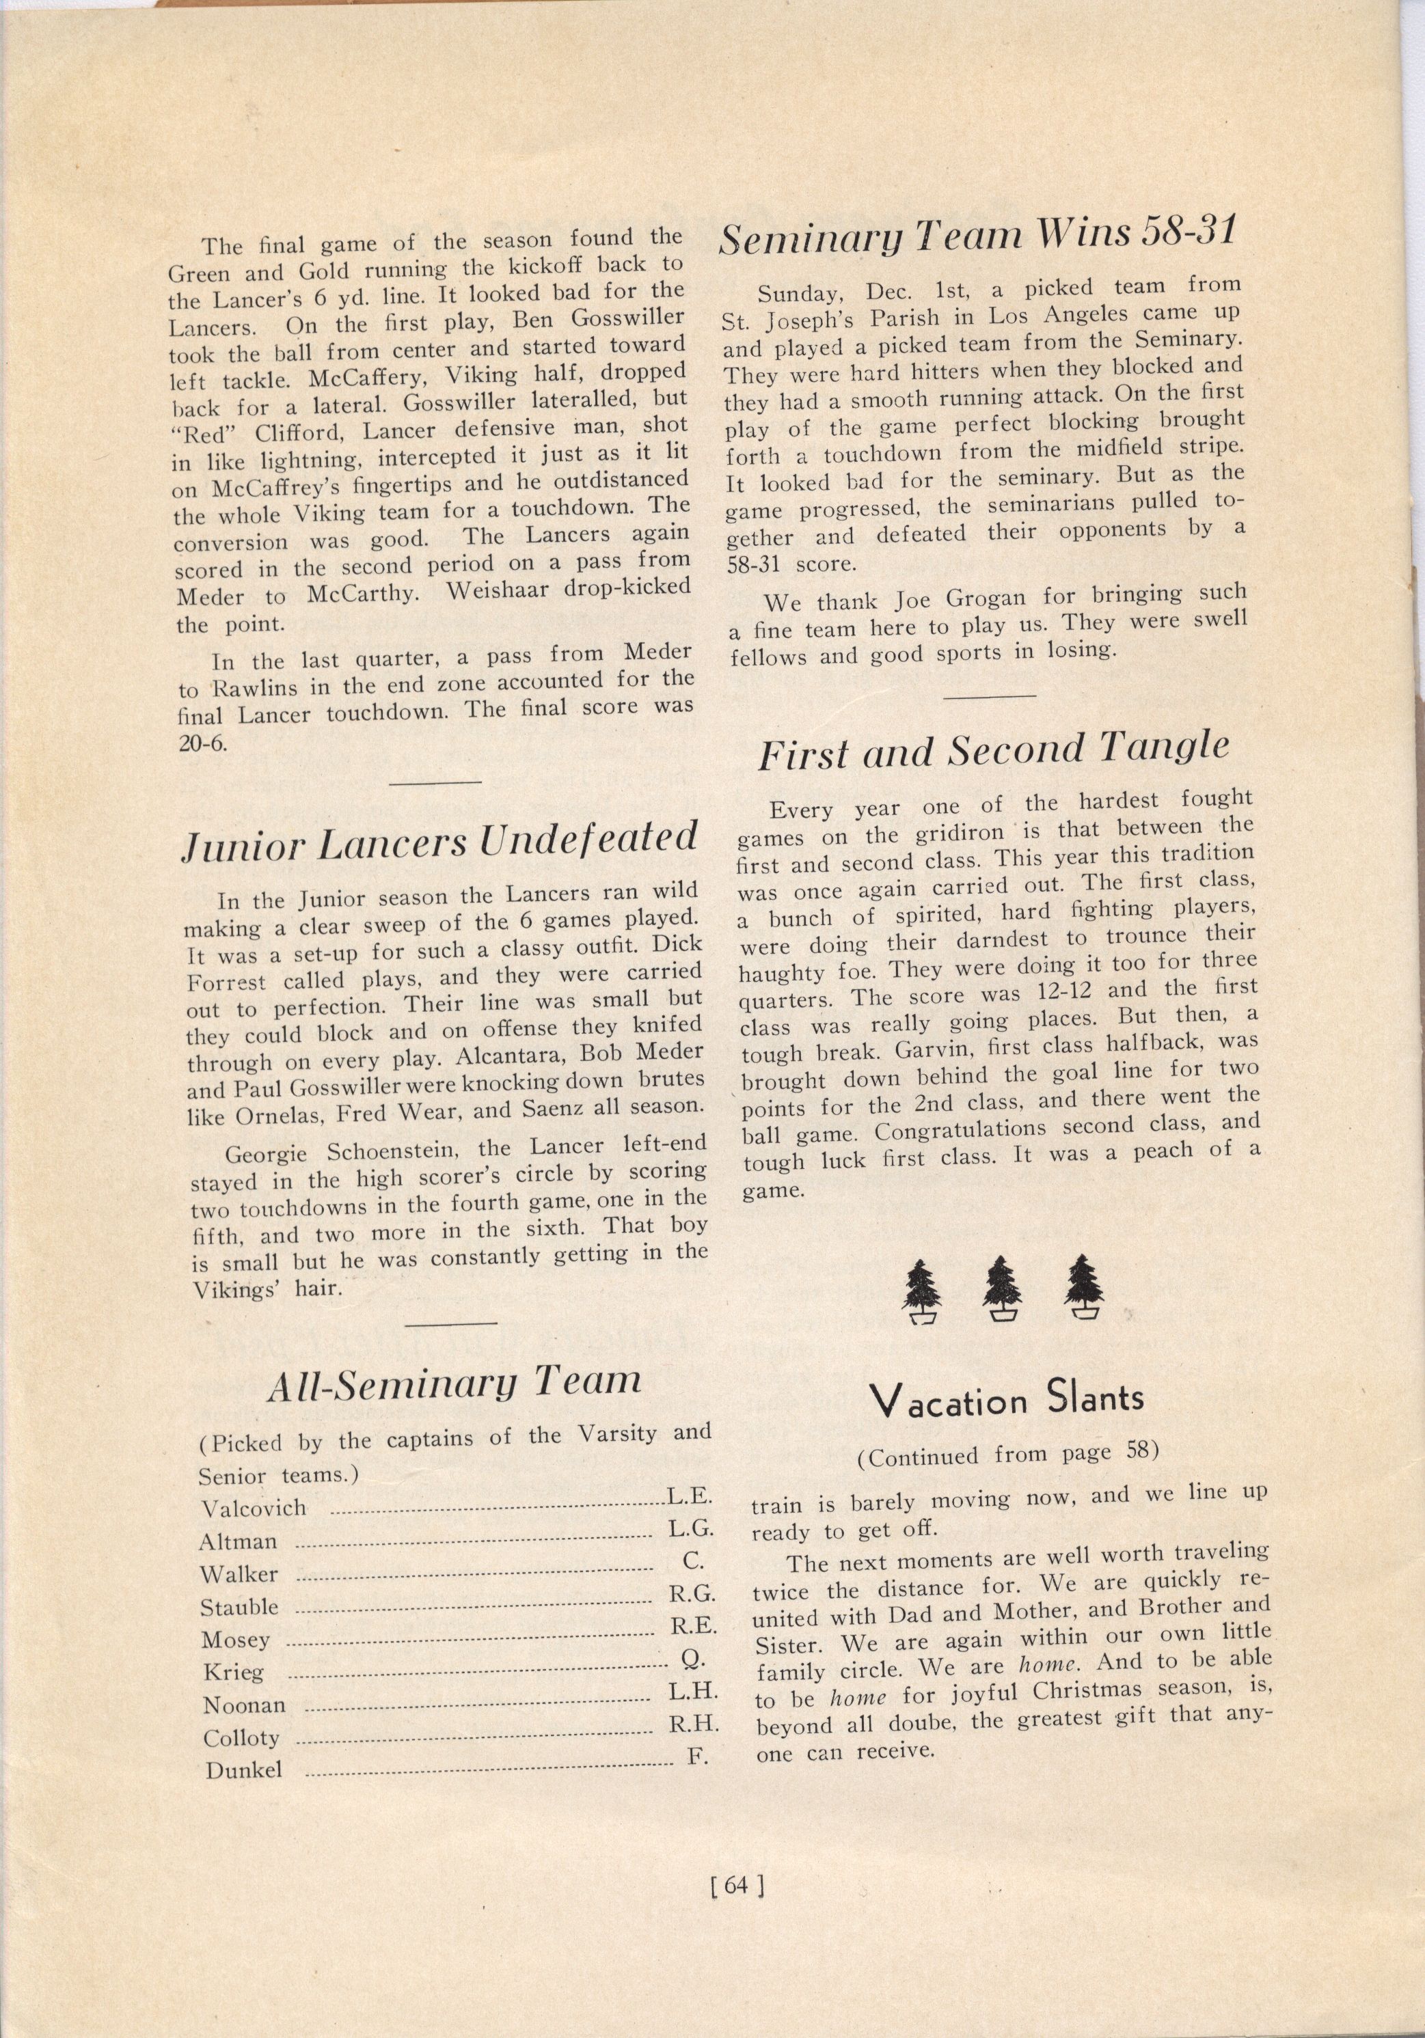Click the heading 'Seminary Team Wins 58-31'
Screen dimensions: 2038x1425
(x=976, y=234)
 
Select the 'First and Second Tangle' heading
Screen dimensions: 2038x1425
(x=992, y=751)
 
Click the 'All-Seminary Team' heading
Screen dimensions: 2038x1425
(x=454, y=1383)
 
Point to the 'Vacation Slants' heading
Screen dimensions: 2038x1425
(x=1006, y=1401)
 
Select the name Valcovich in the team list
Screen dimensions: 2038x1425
(x=254, y=1508)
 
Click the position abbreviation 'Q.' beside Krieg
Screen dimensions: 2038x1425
(x=692, y=1656)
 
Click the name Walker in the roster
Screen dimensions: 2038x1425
(x=239, y=1575)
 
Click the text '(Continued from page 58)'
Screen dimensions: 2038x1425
(x=1007, y=1457)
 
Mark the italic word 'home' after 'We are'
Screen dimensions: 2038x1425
(x=1046, y=1664)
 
